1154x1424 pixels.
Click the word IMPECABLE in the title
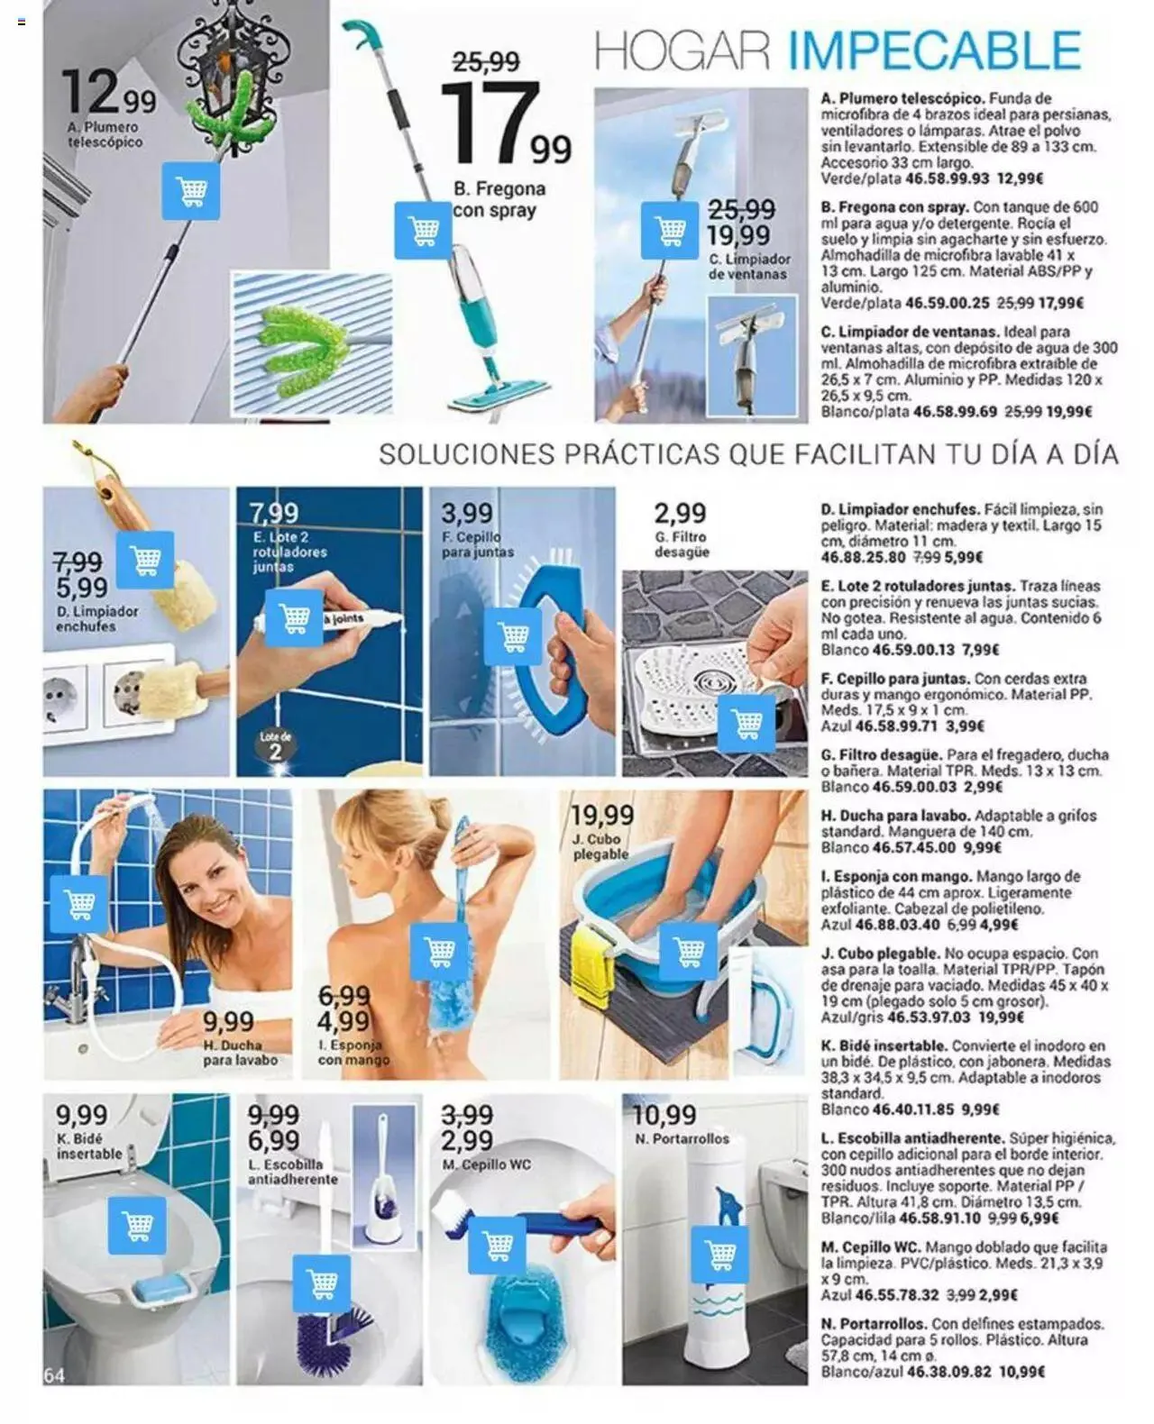point(934,50)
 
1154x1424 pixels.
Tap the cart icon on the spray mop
point(423,231)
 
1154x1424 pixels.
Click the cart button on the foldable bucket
point(688,953)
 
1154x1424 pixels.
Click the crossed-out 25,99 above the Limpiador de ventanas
point(741,210)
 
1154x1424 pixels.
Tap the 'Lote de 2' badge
point(275,746)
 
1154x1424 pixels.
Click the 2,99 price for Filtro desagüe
point(680,514)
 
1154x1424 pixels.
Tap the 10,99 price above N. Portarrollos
point(664,1115)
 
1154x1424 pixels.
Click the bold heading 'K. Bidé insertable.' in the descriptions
point(884,1045)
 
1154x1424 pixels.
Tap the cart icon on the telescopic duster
point(190,191)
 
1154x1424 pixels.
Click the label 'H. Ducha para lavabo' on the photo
point(240,1053)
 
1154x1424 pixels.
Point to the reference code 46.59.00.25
point(947,303)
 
